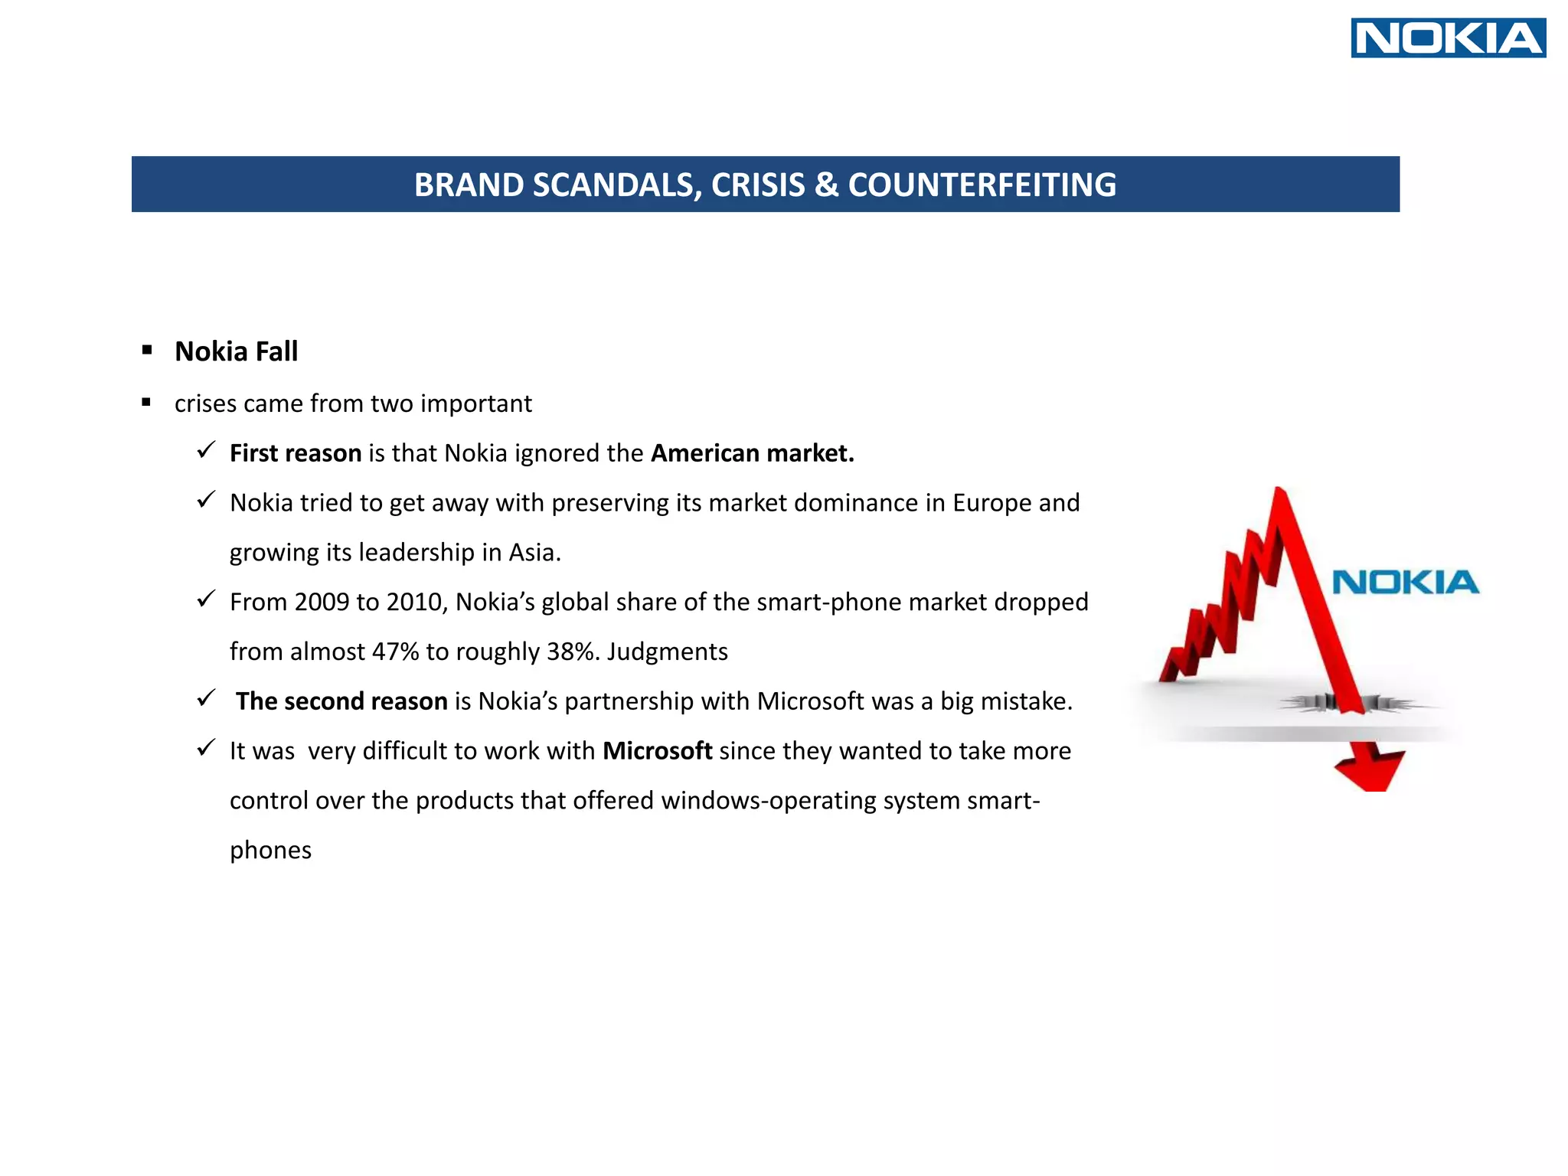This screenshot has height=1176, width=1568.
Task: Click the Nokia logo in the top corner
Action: [x=1448, y=38]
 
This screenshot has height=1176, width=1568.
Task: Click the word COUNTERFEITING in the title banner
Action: [x=982, y=185]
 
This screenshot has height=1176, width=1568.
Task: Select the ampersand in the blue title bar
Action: [x=826, y=185]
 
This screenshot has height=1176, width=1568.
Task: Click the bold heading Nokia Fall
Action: [x=236, y=351]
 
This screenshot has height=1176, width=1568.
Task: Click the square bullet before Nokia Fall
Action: [x=147, y=351]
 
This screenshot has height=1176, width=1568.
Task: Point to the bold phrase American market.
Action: [x=752, y=453]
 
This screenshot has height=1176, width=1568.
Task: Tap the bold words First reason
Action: [x=296, y=453]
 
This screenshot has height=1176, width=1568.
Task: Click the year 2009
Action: [x=322, y=602]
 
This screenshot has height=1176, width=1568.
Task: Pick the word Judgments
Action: [x=667, y=652]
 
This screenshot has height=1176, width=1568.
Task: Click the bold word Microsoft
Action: [x=657, y=751]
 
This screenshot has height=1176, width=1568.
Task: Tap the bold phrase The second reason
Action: [x=341, y=701]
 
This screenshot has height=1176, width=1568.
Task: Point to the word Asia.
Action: [x=534, y=553]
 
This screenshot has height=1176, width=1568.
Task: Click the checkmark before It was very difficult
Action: [x=206, y=748]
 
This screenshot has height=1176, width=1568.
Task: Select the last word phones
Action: [x=270, y=851]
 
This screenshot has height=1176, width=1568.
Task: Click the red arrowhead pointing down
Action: [x=1369, y=769]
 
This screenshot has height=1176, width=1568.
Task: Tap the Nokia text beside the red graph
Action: [x=1406, y=583]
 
